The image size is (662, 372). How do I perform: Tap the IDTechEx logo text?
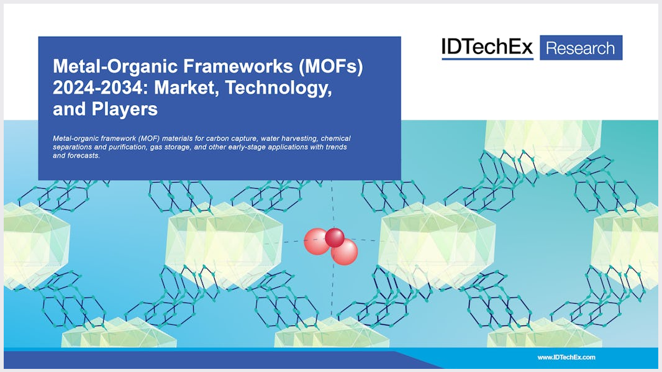pyautogui.click(x=487, y=47)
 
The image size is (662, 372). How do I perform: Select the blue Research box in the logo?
pyautogui.click(x=581, y=48)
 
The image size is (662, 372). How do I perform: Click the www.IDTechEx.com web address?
pyautogui.click(x=566, y=357)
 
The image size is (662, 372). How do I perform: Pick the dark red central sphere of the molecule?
pyautogui.click(x=334, y=237)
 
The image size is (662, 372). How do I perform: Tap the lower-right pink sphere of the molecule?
pyautogui.click(x=345, y=252)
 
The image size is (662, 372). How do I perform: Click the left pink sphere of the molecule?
pyautogui.click(x=316, y=241)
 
